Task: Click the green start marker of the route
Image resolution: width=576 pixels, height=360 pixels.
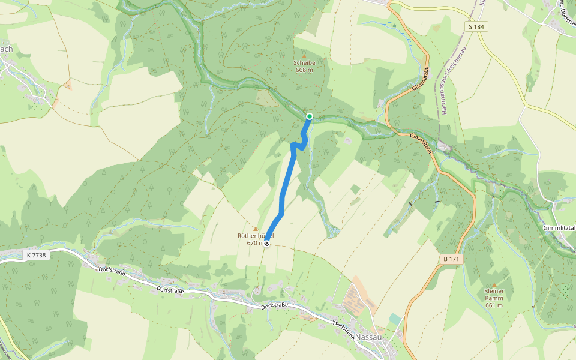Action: pyautogui.click(x=310, y=116)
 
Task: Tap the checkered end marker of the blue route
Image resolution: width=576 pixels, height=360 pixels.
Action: pyautogui.click(x=266, y=244)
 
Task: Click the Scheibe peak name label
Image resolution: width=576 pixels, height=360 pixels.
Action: pyautogui.click(x=304, y=62)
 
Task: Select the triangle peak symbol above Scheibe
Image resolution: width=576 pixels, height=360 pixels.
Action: pyautogui.click(x=304, y=55)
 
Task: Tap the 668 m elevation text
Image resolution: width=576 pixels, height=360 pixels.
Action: pyautogui.click(x=304, y=70)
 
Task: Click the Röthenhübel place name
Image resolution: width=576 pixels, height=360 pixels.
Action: pyautogui.click(x=255, y=236)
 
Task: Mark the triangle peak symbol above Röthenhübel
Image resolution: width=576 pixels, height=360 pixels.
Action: pyautogui.click(x=255, y=229)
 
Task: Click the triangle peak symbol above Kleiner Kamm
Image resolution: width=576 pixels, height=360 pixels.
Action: pyautogui.click(x=494, y=284)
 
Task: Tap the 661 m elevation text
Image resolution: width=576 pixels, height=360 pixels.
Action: pyautogui.click(x=494, y=305)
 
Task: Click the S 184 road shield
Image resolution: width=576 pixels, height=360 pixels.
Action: pyautogui.click(x=477, y=26)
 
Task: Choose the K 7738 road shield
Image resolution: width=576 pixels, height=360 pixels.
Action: pyautogui.click(x=37, y=256)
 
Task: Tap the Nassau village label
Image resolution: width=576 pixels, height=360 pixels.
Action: pyautogui.click(x=369, y=337)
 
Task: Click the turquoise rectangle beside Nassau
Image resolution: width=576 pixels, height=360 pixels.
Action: pyautogui.click(x=394, y=318)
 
